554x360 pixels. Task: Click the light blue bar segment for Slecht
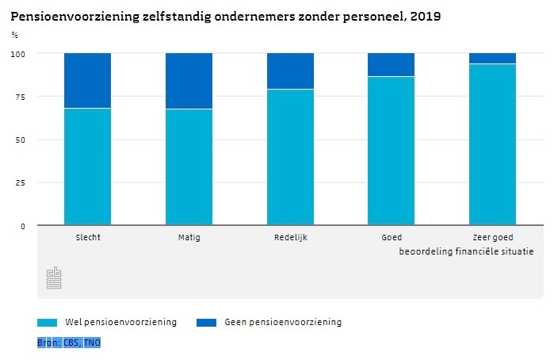click(x=87, y=167)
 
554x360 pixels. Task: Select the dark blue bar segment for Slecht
click(x=87, y=80)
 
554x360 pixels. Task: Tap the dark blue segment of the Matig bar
click(x=189, y=81)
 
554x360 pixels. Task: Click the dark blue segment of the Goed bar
click(x=392, y=64)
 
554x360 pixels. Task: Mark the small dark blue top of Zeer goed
click(x=492, y=58)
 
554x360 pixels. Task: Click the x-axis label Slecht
click(x=87, y=237)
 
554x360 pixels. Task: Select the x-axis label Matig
click(x=189, y=237)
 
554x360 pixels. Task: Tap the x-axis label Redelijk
click(x=290, y=237)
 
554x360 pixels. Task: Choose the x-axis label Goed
click(x=392, y=237)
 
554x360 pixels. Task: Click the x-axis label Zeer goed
click(x=492, y=237)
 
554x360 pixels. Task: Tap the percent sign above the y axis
click(x=15, y=35)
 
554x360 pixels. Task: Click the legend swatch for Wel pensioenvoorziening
click(x=48, y=323)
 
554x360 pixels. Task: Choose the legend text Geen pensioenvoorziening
click(x=283, y=323)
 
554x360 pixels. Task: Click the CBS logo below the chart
click(x=54, y=278)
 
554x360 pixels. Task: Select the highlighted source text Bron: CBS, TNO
click(x=69, y=343)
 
